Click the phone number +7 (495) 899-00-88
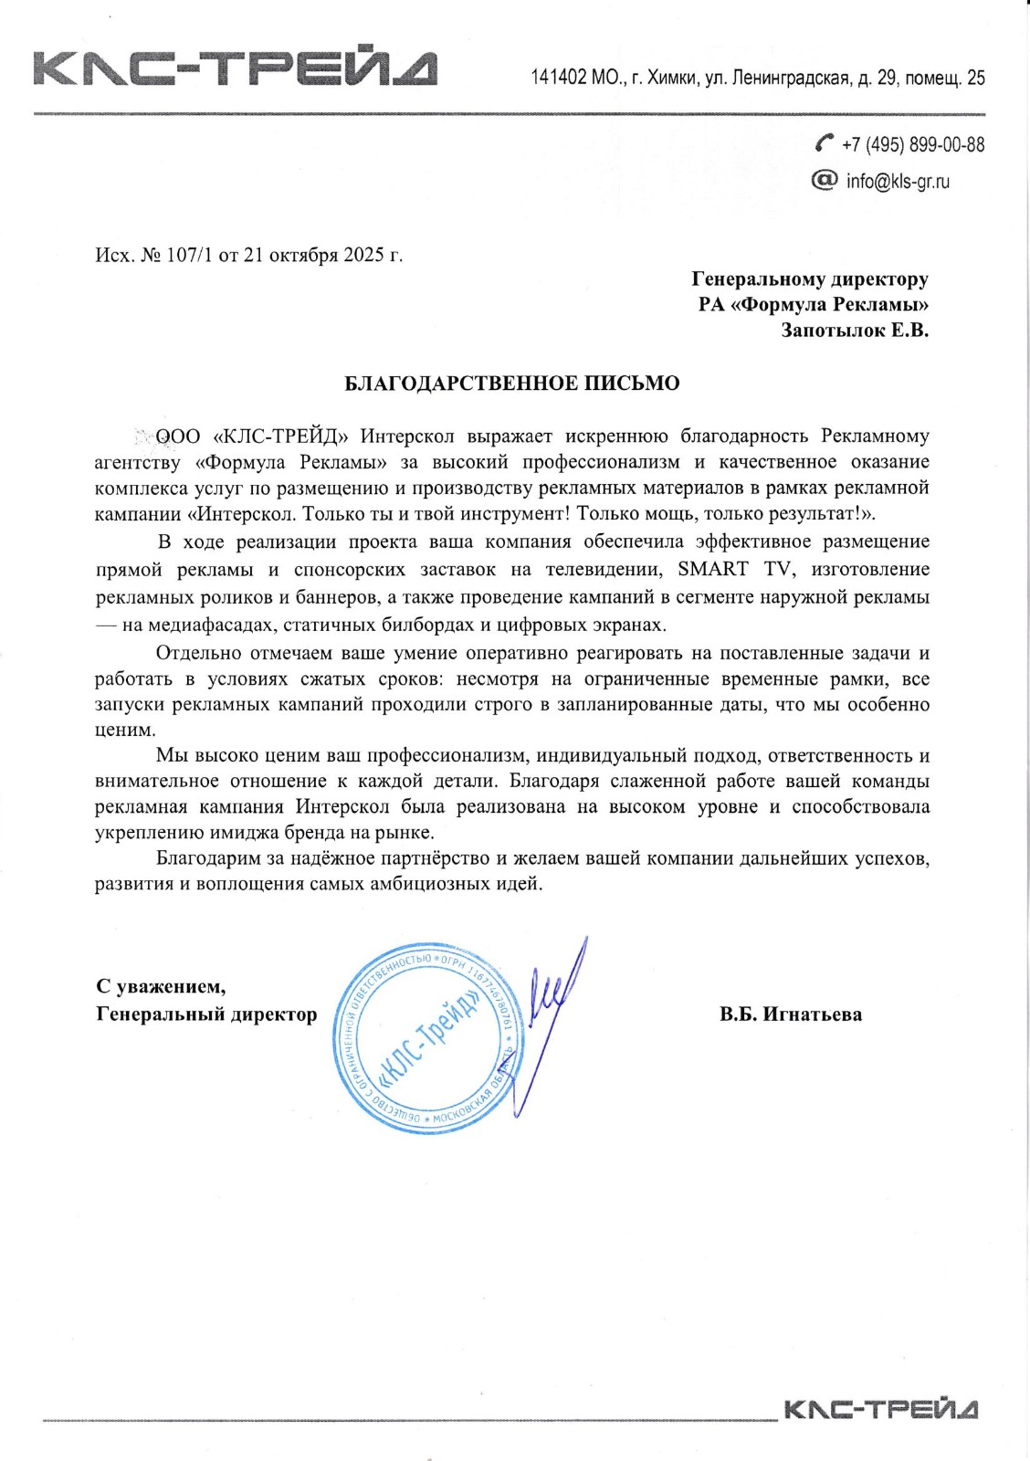click(913, 144)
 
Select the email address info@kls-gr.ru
click(898, 181)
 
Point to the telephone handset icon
click(825, 142)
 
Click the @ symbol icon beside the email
click(824, 180)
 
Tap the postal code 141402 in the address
click(559, 78)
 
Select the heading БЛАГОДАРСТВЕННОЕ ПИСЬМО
click(511, 384)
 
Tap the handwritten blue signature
click(548, 1014)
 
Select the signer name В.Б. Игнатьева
click(790, 1014)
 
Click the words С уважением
click(161, 986)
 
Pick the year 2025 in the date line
click(363, 255)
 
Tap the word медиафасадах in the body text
click(199, 625)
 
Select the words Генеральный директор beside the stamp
click(206, 1014)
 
